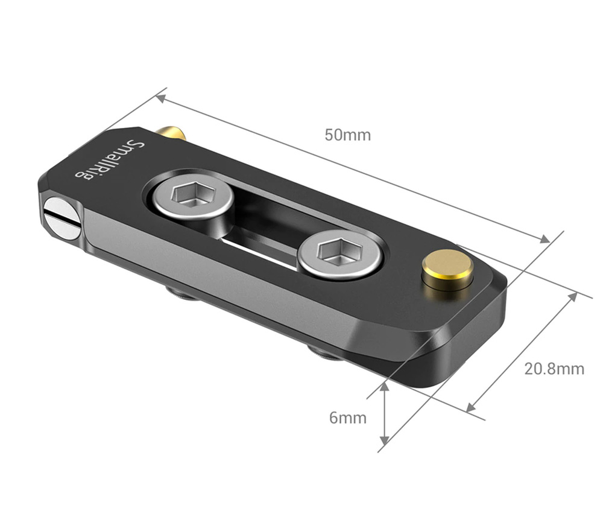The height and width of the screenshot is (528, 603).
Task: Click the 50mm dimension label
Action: (x=347, y=135)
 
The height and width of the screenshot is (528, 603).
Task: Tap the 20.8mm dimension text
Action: (x=554, y=369)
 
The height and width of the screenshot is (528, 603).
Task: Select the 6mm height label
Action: (x=347, y=418)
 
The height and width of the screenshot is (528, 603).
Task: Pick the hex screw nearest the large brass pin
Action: (x=340, y=253)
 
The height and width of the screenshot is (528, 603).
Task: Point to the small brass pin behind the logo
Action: (x=172, y=132)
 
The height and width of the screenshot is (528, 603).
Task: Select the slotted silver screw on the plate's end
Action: (x=62, y=218)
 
